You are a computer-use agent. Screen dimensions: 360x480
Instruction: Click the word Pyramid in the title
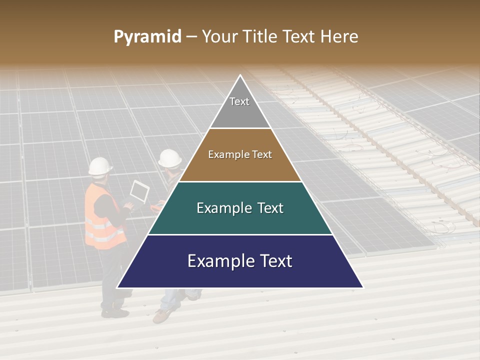pos(147,37)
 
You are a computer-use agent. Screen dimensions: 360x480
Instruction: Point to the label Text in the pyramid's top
pos(239,101)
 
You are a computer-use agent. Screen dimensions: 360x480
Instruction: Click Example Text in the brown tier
pos(240,154)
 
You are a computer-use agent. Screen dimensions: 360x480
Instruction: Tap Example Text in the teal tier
pos(240,208)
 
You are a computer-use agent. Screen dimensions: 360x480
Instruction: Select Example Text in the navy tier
pos(240,261)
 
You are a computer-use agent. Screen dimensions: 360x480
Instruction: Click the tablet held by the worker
pos(139,192)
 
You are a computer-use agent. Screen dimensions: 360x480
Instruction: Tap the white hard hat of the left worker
pos(100,166)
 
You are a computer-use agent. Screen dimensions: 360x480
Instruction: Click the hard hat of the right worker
pos(170,158)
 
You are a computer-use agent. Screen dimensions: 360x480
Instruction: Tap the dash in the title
pos(191,37)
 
